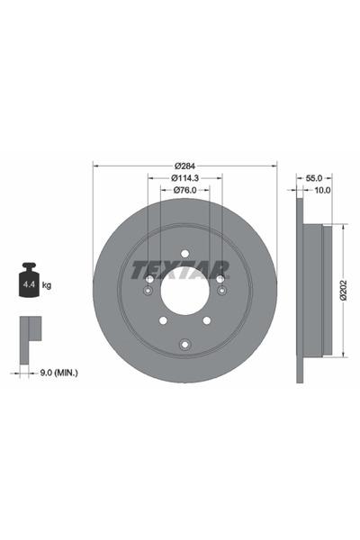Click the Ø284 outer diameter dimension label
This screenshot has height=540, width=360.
(184, 166)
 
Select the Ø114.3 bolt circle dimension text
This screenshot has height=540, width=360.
(184, 178)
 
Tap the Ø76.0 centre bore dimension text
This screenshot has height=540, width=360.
(184, 190)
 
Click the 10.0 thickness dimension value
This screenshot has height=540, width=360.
(321, 190)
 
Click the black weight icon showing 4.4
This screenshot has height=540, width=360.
(27, 283)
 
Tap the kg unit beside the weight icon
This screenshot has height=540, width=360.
(47, 285)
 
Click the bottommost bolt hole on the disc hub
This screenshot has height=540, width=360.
(184, 341)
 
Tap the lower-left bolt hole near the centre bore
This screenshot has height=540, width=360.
(163, 319)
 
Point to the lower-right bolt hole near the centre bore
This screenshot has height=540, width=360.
(206, 319)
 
